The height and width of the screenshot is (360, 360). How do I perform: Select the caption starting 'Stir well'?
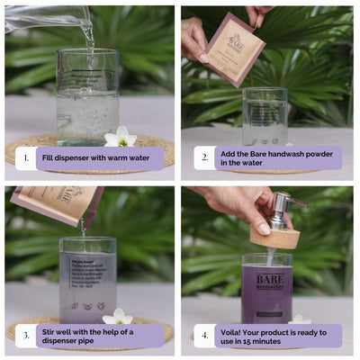click(x=99, y=336)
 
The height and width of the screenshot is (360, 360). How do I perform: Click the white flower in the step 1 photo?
click(x=120, y=137)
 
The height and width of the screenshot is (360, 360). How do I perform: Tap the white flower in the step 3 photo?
click(x=117, y=316)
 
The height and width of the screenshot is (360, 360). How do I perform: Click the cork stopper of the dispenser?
click(x=274, y=236)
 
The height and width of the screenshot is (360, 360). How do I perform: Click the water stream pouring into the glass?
click(x=88, y=36)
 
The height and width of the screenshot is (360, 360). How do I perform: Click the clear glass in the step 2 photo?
click(x=265, y=117)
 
